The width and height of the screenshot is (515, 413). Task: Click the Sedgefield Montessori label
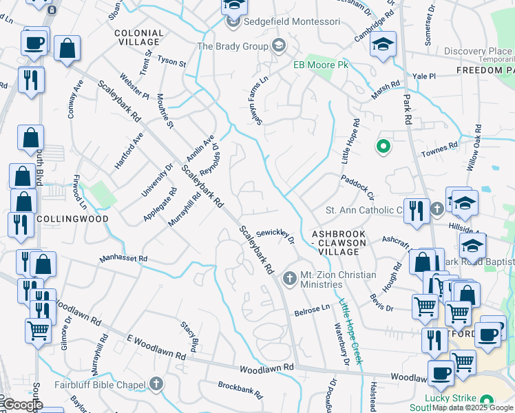click(x=292, y=22)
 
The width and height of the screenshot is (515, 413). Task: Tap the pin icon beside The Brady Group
click(x=278, y=46)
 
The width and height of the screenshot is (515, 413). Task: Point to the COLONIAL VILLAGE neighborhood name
click(x=139, y=37)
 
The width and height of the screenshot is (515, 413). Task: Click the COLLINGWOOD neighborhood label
click(x=74, y=218)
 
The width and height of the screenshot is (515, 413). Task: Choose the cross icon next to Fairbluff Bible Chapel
click(x=156, y=383)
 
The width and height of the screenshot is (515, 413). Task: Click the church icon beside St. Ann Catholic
click(x=436, y=209)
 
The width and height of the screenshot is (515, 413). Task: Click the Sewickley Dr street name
click(x=275, y=237)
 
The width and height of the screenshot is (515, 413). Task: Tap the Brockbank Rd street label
click(x=240, y=390)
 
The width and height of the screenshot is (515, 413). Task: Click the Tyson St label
click(x=172, y=63)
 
